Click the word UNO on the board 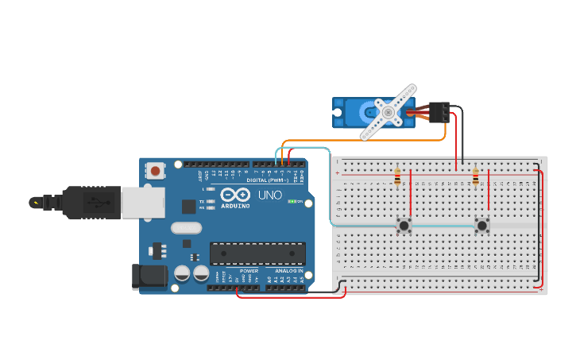pyautogui.click(x=265, y=195)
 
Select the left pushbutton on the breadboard pyautogui.click(x=404, y=226)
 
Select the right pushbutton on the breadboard pyautogui.click(x=482, y=226)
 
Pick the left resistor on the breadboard pyautogui.click(x=396, y=178)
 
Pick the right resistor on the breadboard pyautogui.click(x=475, y=177)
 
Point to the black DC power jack pyautogui.click(x=149, y=276)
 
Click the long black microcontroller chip pyautogui.click(x=257, y=254)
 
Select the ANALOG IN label pyautogui.click(x=289, y=271)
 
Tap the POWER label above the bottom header pyautogui.click(x=249, y=271)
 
